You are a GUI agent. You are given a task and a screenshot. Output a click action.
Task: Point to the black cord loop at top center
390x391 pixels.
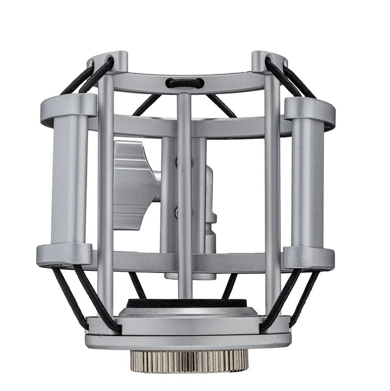click(185, 83)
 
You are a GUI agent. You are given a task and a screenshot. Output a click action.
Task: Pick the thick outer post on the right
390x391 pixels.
click(308, 181)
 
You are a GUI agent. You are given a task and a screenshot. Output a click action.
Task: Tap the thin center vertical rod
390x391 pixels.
click(185, 204)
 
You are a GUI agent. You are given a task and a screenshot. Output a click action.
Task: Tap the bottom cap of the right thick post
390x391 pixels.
click(308, 257)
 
